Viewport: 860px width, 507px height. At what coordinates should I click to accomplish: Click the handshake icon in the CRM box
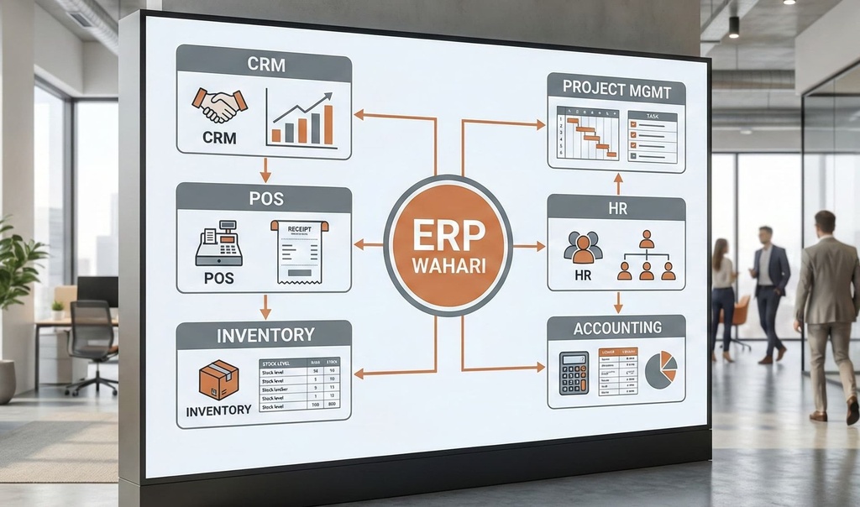click(219, 105)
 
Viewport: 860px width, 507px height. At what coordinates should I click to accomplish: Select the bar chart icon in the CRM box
click(299, 119)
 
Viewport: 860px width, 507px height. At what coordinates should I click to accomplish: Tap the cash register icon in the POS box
click(218, 243)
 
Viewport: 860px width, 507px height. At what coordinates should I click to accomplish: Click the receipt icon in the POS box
click(299, 251)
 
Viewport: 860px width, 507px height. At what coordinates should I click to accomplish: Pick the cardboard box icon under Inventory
click(218, 379)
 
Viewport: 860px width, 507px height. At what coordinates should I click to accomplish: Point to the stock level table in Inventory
click(298, 385)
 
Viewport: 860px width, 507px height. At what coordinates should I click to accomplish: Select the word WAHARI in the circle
click(448, 268)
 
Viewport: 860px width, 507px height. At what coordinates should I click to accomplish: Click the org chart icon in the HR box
click(646, 256)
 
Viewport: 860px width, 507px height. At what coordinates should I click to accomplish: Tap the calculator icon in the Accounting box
click(574, 373)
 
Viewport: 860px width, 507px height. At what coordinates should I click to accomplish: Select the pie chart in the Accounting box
click(660, 369)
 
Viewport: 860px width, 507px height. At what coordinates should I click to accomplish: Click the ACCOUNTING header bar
click(616, 327)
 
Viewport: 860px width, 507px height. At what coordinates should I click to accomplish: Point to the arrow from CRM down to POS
click(265, 170)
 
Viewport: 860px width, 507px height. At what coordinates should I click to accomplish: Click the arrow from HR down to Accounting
click(618, 302)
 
